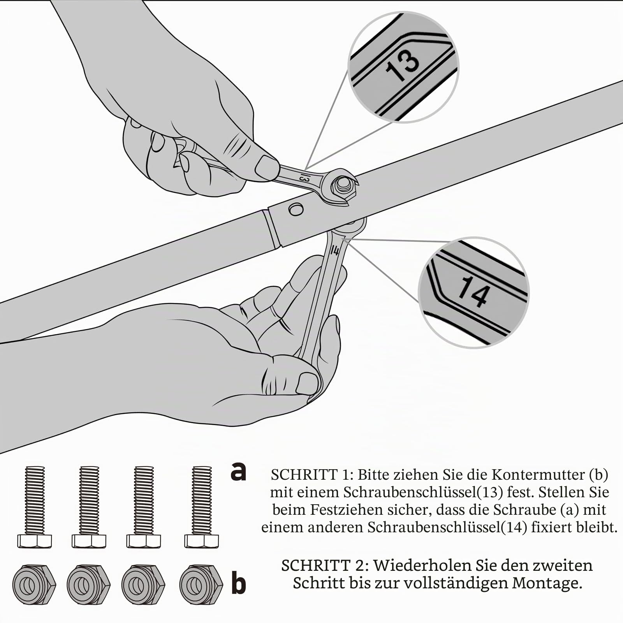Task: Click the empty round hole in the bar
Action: [x=296, y=209]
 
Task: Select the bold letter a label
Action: [x=238, y=472]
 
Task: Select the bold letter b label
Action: [x=239, y=583]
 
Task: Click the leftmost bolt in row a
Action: [x=34, y=507]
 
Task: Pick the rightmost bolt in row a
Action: [x=202, y=507]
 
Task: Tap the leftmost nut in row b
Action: [x=34, y=584]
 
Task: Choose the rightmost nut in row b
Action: [x=201, y=584]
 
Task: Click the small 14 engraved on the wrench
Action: [x=334, y=250]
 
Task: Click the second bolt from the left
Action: [x=89, y=507]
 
